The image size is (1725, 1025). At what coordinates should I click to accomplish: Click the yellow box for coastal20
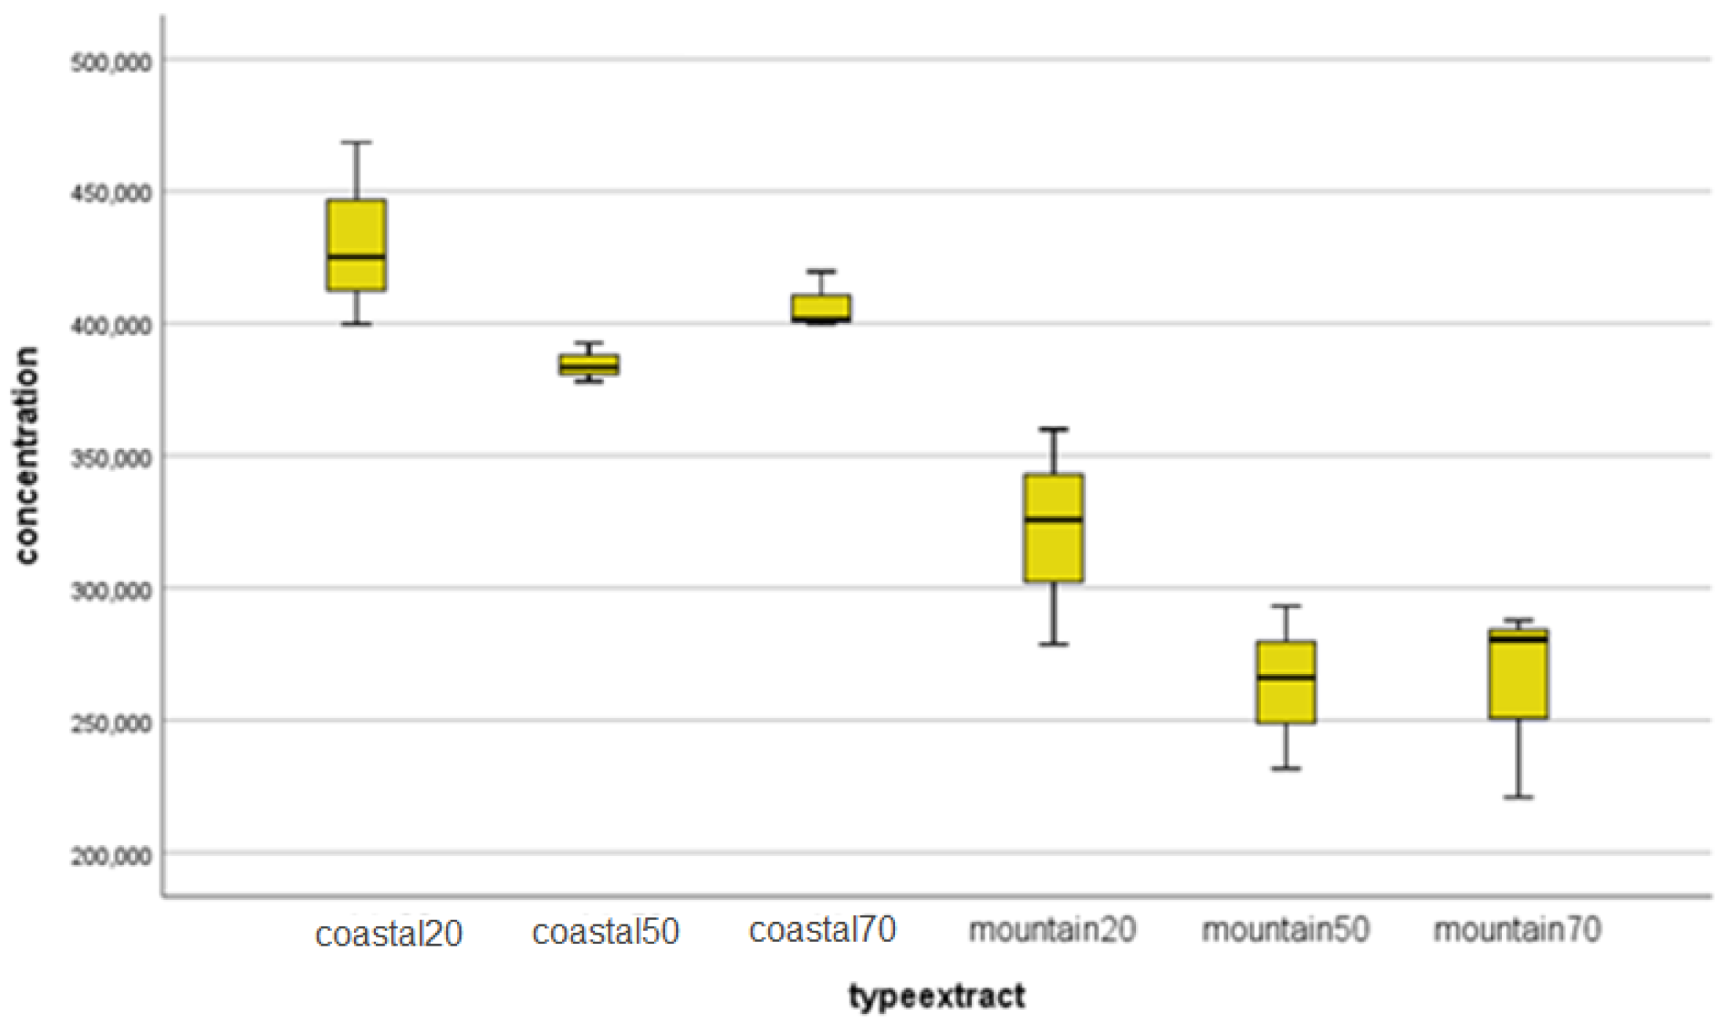(356, 245)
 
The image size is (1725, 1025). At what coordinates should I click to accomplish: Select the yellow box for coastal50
(589, 365)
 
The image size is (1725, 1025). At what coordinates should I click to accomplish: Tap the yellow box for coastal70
(820, 307)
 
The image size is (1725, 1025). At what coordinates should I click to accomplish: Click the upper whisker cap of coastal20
(356, 142)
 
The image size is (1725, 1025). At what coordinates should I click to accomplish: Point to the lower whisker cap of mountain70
(1518, 797)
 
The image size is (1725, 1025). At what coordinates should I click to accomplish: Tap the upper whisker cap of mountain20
(1054, 429)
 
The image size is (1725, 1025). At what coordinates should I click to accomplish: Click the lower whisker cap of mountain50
(1285, 768)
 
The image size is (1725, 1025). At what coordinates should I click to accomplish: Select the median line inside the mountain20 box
(1054, 519)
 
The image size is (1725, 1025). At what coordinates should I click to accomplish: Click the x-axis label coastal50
(605, 932)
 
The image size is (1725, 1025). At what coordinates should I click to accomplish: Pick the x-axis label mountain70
(1517, 930)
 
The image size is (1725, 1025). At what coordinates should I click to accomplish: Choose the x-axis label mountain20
(1052, 930)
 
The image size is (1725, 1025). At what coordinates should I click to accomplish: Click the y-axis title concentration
(26, 456)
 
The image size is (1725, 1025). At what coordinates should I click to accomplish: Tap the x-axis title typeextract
(937, 997)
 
